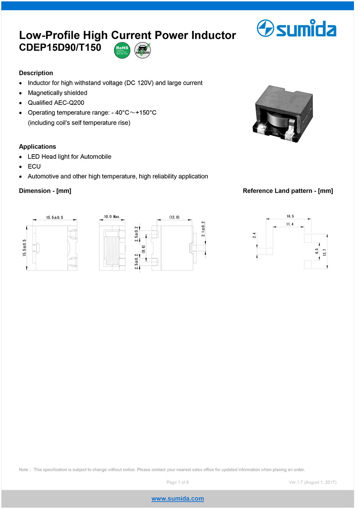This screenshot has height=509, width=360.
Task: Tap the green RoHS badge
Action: pos(122,50)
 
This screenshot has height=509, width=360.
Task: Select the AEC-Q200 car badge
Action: pos(143,50)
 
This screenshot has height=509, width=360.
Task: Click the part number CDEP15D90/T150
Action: pos(60,48)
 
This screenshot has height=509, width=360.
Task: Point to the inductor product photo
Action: pos(283,113)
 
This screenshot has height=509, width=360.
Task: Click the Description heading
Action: pos(36,73)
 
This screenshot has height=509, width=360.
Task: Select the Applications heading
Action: pos(37,147)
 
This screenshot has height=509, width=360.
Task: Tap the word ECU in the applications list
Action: pos(34,166)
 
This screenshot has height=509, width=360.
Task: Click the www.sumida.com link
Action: pos(177,499)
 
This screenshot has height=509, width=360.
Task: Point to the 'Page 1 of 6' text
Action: pos(177,482)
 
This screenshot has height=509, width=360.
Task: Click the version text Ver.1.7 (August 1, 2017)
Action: pos(312,482)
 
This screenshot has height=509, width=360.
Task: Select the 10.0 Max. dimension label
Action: pos(112,217)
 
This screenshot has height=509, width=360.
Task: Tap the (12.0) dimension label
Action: pos(174,217)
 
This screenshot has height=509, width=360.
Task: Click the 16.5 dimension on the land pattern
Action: pos(290,216)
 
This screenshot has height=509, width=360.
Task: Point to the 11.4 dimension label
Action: pos(290,224)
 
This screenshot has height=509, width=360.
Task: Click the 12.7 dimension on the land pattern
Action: pos(324,252)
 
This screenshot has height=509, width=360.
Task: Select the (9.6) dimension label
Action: pos(143,249)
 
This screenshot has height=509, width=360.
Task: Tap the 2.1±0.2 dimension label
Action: pos(203,229)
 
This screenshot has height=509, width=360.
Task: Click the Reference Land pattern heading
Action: pos(288,191)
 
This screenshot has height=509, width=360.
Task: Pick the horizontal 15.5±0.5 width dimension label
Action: pos(55,218)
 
